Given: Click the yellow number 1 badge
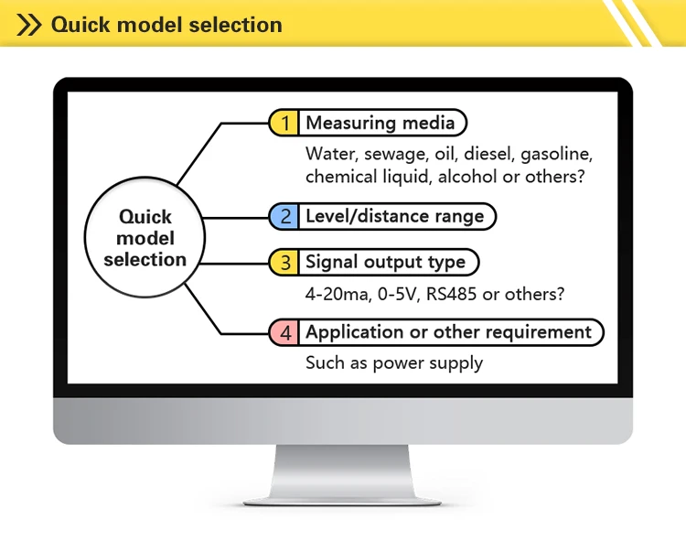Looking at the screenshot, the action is coord(284,123).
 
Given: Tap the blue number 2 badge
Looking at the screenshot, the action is coord(284,216).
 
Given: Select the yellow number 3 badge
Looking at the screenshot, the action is coord(284,262).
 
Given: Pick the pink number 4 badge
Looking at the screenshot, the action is coord(284,332).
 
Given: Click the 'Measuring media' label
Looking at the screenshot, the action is coord(381,123).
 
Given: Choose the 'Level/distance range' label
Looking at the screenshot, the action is coord(394,216).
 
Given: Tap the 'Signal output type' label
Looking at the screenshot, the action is coord(385,262).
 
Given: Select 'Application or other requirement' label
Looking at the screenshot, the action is coord(448,332).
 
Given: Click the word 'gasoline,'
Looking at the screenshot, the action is coord(556,155).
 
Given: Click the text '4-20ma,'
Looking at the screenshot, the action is coord(338,294).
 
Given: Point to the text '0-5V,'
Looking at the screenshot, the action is coord(399,294).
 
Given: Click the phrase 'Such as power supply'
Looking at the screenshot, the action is coord(394,363).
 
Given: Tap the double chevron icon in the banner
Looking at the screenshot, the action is coord(29,25).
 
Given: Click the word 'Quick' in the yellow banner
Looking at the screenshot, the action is coord(80,25).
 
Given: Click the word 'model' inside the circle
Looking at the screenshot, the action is coord(145,238).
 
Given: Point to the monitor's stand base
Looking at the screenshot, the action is coord(342,502).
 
